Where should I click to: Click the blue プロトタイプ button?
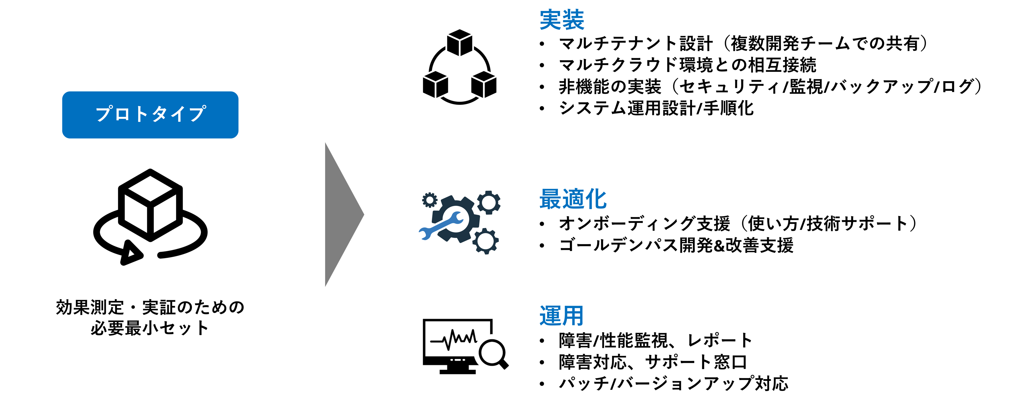point(150,115)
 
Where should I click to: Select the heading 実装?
point(562,20)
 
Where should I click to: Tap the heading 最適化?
point(573,199)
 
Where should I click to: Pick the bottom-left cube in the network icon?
point(435,85)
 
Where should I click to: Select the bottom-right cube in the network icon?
point(484,85)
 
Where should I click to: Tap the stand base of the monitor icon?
point(458,372)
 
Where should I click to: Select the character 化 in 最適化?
point(596,199)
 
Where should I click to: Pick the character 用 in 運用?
point(573,316)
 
